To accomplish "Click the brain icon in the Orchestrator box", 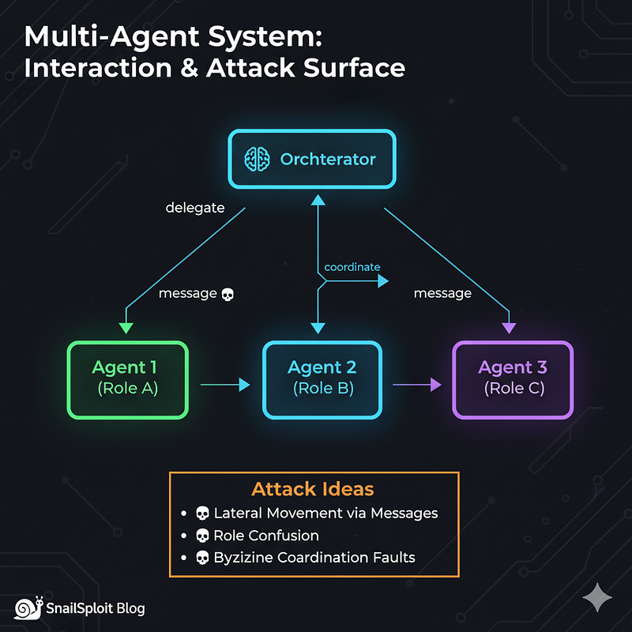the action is pos(258,159).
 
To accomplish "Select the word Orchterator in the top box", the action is pos(328,159).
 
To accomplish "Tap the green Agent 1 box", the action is pos(128,379).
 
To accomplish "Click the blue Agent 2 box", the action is pos(322,379).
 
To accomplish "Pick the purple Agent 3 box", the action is pos(513,379).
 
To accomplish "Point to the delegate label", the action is pos(194,208).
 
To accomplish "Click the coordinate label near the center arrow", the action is pos(352,267).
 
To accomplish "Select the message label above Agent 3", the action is pos(442,293).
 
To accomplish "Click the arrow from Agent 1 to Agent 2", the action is pos(225,385).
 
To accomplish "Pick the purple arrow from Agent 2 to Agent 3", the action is pos(416,385).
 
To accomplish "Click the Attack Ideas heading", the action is pos(313,488).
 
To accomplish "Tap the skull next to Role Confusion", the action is pos(201,536).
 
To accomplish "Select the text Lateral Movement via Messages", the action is pos(325,513).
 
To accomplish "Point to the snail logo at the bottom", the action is pos(28,608).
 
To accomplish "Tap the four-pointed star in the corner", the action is pos(596,599).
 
